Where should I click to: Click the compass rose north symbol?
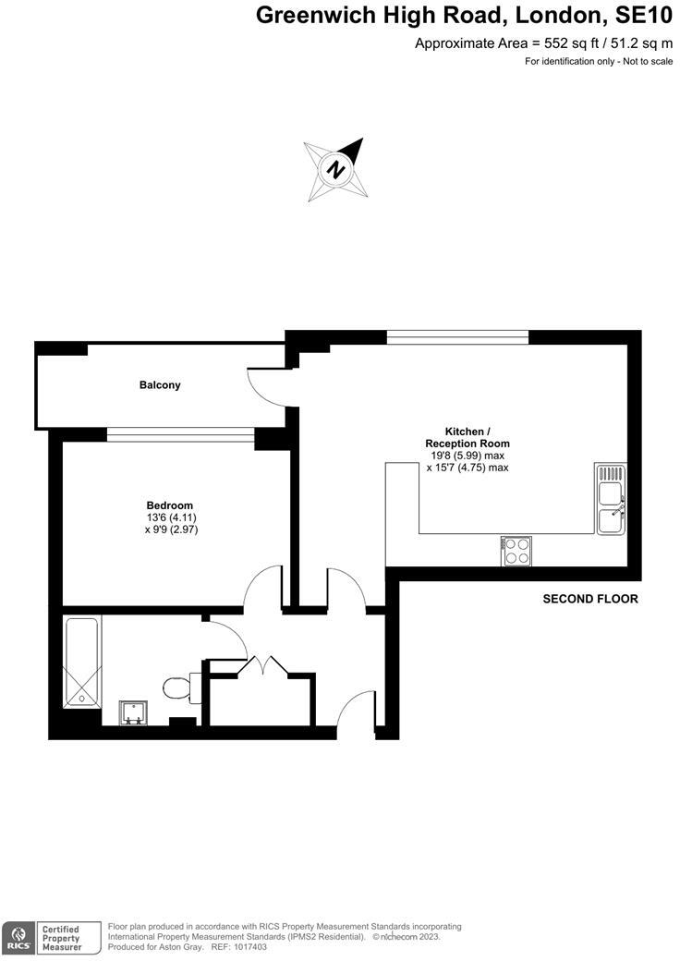tap(337, 170)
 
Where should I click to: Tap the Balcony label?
tap(160, 384)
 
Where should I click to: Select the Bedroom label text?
tap(170, 505)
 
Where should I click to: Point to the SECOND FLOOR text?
tap(589, 599)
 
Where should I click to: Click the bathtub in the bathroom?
tap(82, 662)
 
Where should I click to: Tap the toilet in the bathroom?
tap(176, 687)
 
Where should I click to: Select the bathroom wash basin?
tap(134, 712)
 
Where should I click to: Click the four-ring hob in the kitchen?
tap(516, 551)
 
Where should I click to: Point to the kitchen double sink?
tap(611, 499)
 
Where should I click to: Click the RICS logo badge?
tap(18, 937)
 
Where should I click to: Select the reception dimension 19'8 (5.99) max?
tap(467, 456)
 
